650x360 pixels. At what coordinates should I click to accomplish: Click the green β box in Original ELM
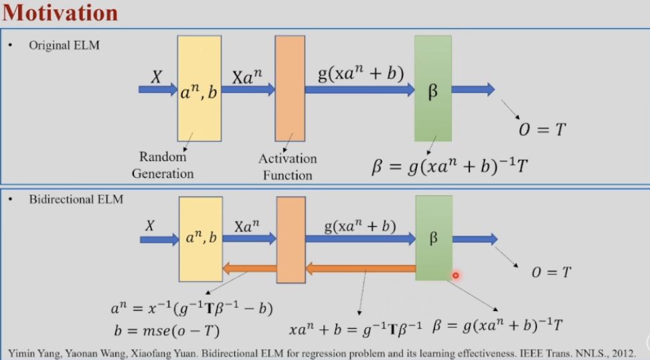pos(432,88)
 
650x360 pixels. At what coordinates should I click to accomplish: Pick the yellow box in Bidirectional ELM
pos(200,238)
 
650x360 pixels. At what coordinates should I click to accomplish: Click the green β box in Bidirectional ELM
pos(433,238)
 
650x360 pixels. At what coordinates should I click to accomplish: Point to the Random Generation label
pos(162,165)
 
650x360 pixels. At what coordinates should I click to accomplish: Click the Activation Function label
pos(288,167)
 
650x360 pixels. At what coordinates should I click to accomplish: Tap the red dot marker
pos(455,275)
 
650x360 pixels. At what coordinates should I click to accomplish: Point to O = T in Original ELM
pos(543,129)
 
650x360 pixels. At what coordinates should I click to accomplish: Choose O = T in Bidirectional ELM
pos(551,272)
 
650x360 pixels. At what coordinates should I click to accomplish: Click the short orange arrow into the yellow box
pos(249,269)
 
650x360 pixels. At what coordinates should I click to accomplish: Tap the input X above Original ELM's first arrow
pos(156,77)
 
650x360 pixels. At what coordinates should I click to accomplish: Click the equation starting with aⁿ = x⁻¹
pos(191,308)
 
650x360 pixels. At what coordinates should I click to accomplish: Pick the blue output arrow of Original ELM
pos(473,88)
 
